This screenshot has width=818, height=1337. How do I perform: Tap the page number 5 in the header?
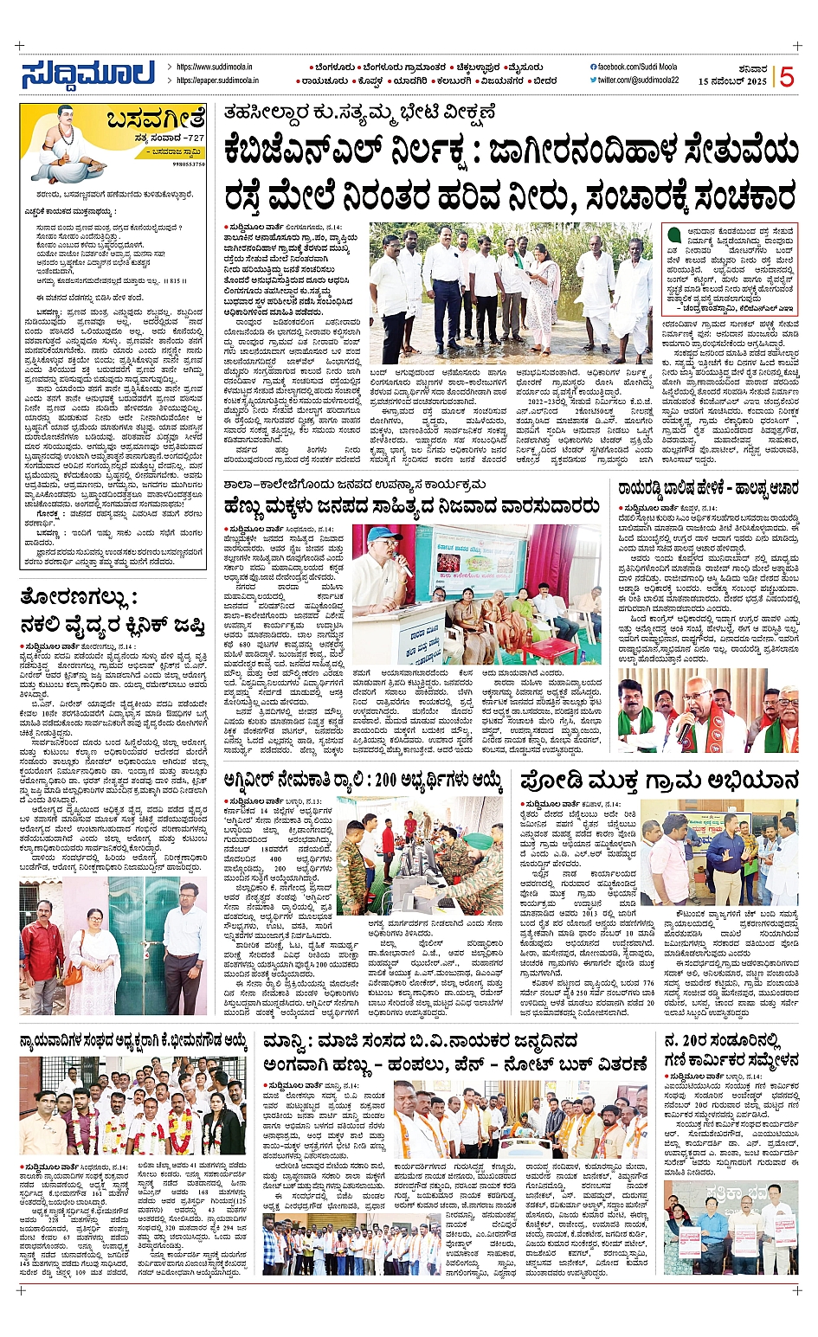(786, 77)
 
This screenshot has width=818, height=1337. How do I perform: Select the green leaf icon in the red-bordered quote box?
(673, 235)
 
